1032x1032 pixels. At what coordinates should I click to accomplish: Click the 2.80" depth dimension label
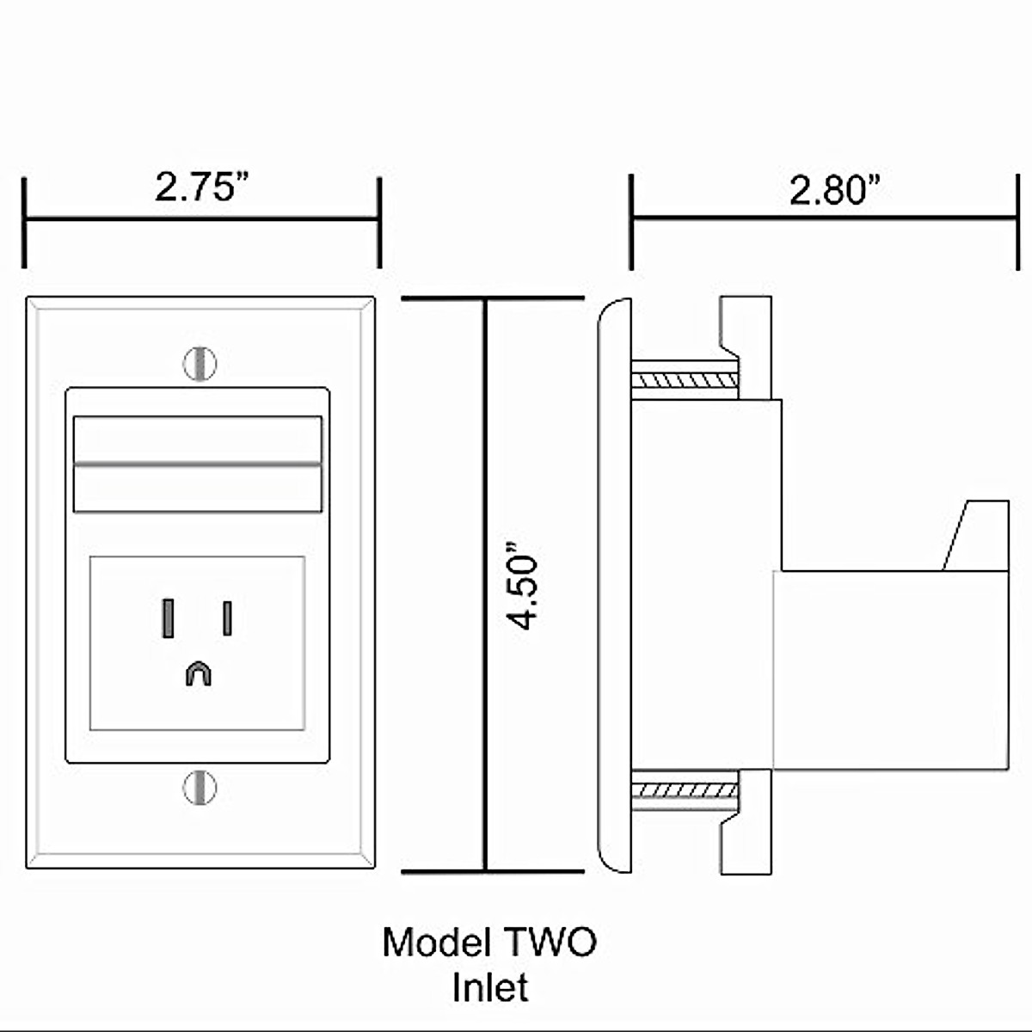coord(836,189)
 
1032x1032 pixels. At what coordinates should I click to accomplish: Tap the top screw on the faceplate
coord(200,364)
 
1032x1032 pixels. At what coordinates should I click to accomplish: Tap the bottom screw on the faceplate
coord(200,788)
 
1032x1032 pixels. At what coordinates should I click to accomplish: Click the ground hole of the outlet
coord(198,673)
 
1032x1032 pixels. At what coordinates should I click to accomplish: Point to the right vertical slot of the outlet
coord(227,618)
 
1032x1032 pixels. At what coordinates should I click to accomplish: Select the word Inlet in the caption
coord(490,987)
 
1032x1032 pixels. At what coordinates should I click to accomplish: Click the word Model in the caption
coord(435,943)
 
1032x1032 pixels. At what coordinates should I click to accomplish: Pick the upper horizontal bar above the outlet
coord(198,439)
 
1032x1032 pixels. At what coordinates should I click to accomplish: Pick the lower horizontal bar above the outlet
coord(198,488)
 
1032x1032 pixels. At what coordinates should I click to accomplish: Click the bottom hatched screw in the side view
coord(685,789)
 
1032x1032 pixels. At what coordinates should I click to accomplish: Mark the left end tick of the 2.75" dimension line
coord(25,222)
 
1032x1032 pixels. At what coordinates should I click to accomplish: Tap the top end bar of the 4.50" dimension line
coord(493,298)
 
